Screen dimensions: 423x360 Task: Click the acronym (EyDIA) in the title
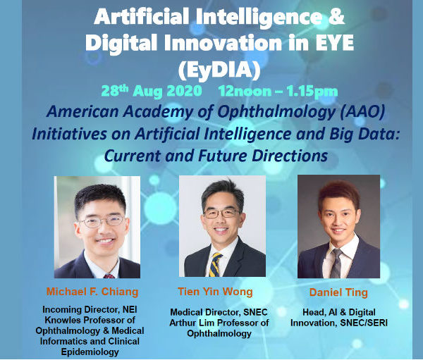219,70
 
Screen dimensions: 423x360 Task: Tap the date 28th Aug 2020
152,92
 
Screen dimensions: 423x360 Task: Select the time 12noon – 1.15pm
278,92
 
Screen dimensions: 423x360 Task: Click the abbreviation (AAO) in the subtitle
362,111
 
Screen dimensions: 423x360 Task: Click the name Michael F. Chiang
92,292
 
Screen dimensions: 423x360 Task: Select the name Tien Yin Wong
215,292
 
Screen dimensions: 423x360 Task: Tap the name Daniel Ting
338,292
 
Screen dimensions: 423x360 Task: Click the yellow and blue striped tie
216,264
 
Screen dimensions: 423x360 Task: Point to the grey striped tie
336,263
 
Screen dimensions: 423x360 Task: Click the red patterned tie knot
109,276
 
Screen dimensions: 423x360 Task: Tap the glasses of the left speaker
102,221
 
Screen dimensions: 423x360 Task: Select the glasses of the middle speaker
221,213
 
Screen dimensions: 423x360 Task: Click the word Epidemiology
90,352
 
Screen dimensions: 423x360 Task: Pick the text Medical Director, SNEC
219,312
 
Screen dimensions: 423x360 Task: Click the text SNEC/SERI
364,323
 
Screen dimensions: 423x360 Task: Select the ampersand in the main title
337,16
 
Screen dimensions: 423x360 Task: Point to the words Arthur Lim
192,323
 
